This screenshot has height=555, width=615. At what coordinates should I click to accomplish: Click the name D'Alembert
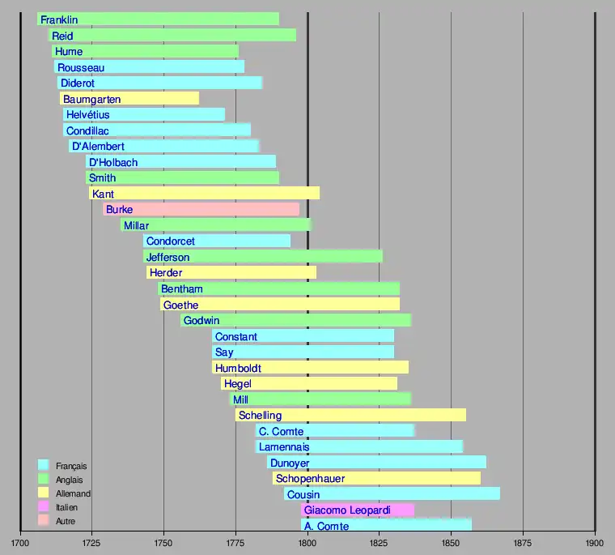pyautogui.click(x=98, y=147)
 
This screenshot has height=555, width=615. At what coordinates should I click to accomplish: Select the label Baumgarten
pyautogui.click(x=91, y=99)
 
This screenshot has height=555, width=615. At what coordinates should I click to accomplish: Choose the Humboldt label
pyautogui.click(x=238, y=368)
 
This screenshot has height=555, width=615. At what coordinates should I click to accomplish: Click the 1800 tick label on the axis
pyautogui.click(x=307, y=543)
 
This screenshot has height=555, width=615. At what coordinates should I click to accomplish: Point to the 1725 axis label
pyautogui.click(x=91, y=543)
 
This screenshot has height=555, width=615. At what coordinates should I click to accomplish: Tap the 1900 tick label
pyautogui.click(x=595, y=543)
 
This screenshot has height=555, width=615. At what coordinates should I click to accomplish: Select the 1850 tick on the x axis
pyautogui.click(x=451, y=543)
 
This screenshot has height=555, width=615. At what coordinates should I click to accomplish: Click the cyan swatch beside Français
pyautogui.click(x=44, y=465)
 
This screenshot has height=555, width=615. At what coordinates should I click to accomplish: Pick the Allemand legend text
pyautogui.click(x=73, y=493)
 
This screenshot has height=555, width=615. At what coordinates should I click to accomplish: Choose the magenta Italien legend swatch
pyautogui.click(x=44, y=507)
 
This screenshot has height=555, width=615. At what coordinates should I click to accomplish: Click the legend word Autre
pyautogui.click(x=66, y=521)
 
